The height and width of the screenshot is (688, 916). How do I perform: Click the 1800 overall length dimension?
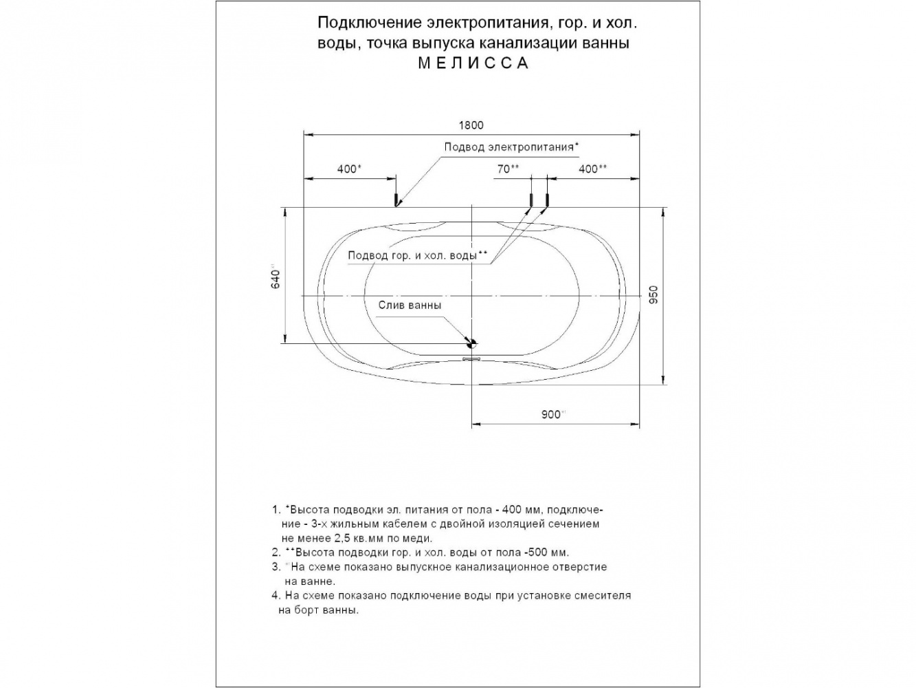click(x=471, y=125)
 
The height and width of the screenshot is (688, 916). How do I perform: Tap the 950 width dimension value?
click(x=654, y=294)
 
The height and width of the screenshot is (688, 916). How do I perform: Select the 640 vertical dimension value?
click(x=275, y=279)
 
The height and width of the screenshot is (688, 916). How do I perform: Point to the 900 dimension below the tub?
click(x=552, y=414)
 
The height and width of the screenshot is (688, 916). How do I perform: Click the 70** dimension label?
click(x=509, y=169)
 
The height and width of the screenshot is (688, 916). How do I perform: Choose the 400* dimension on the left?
click(x=350, y=169)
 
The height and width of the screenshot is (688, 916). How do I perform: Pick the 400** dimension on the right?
click(x=592, y=169)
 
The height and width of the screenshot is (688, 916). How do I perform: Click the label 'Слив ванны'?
click(x=409, y=305)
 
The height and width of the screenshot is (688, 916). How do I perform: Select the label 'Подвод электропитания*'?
click(x=511, y=147)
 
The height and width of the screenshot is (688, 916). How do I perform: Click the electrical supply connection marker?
click(x=396, y=200)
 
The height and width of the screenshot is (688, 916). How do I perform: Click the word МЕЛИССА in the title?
click(x=474, y=63)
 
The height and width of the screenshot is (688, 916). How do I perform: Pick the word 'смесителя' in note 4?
click(x=605, y=595)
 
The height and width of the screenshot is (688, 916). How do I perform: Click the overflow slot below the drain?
click(x=472, y=357)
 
